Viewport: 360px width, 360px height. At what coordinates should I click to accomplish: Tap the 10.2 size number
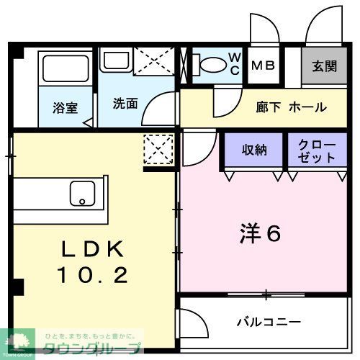click(x=93, y=274)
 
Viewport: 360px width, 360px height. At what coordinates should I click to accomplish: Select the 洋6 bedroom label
click(x=259, y=233)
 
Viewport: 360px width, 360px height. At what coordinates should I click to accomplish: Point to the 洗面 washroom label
click(x=125, y=103)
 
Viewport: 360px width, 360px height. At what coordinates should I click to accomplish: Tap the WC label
click(x=235, y=63)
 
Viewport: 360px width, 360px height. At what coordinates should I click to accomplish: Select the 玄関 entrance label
click(x=324, y=66)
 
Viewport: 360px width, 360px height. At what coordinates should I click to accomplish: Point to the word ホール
click(x=307, y=107)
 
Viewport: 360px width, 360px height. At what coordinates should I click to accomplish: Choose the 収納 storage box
click(x=253, y=150)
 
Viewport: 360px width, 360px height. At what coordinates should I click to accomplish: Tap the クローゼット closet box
click(x=317, y=150)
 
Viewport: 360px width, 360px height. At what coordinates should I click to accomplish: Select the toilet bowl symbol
click(x=211, y=65)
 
